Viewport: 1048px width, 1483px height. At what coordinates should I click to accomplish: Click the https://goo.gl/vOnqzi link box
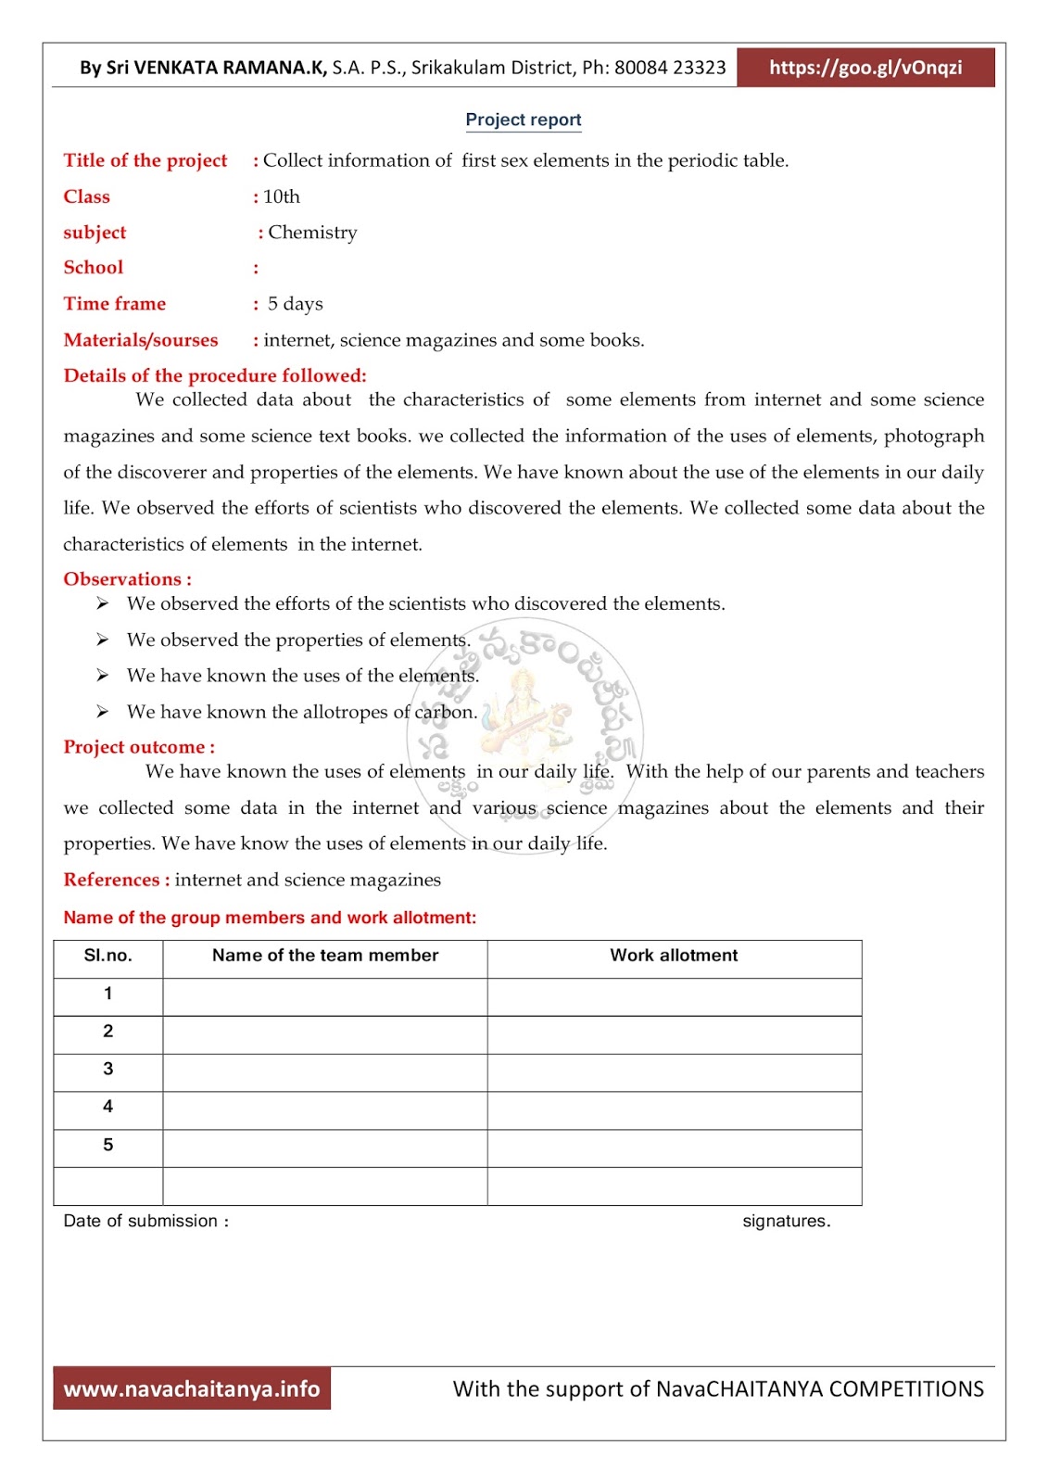pyautogui.click(x=865, y=68)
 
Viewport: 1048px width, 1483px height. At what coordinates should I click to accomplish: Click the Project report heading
pyautogui.click(x=523, y=120)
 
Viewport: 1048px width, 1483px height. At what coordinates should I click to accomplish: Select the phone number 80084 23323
pyautogui.click(x=670, y=68)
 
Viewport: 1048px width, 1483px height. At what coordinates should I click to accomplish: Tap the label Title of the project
pyautogui.click(x=145, y=160)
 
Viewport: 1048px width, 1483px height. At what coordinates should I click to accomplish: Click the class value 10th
pyautogui.click(x=281, y=196)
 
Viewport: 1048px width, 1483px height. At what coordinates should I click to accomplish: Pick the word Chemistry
pyautogui.click(x=312, y=233)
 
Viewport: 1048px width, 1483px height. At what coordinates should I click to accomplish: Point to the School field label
pyautogui.click(x=93, y=268)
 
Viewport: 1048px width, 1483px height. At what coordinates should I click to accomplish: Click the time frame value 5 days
pyautogui.click(x=295, y=304)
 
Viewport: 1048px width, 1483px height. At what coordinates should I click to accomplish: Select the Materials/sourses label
pyautogui.click(x=141, y=340)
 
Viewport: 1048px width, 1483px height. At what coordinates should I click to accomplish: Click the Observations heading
pyautogui.click(x=127, y=579)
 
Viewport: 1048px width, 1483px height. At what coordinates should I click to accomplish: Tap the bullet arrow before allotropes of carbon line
pyautogui.click(x=102, y=712)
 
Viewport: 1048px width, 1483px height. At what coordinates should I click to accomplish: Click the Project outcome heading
pyautogui.click(x=138, y=747)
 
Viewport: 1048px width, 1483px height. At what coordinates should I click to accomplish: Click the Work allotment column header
pyautogui.click(x=674, y=956)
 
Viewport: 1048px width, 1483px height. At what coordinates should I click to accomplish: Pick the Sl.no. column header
pyautogui.click(x=107, y=956)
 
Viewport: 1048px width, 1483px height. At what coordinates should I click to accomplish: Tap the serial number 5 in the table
pyautogui.click(x=107, y=1145)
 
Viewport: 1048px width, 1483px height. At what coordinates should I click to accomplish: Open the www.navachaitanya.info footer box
pyautogui.click(x=192, y=1388)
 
